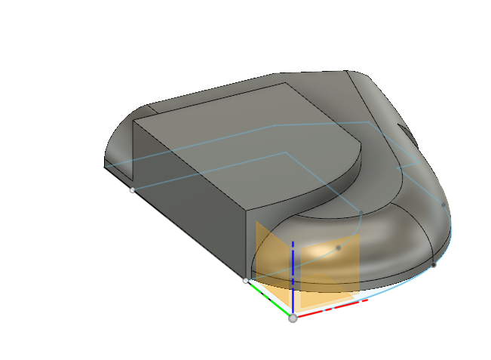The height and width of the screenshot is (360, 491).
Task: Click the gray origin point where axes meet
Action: click(293, 318)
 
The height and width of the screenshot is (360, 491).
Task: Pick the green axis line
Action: click(271, 300)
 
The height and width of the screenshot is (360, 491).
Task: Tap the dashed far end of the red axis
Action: click(364, 301)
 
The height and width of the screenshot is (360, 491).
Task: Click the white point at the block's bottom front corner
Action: click(245, 281)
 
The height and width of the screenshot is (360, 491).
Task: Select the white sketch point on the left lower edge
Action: click(133, 190)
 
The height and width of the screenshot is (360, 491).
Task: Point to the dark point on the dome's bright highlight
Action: click(339, 248)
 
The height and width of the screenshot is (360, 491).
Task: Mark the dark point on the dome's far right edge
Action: click(443, 205)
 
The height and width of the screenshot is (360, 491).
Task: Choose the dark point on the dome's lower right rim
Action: click(433, 265)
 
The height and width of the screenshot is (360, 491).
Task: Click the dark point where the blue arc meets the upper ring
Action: click(361, 214)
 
